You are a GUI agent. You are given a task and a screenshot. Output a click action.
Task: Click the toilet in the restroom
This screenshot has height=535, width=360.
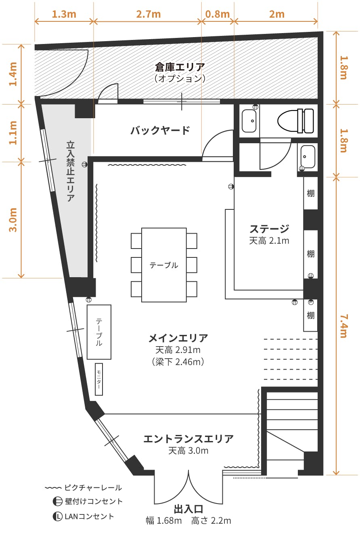pos(296,121)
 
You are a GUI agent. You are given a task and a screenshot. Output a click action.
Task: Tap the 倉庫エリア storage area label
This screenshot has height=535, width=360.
pos(180,67)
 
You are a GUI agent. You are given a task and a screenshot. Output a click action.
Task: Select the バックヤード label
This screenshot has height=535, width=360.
pos(160,130)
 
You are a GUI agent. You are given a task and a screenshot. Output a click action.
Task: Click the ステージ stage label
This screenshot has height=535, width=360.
pos(269,229)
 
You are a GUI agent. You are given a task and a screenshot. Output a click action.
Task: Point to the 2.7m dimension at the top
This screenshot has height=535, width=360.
pos(149,14)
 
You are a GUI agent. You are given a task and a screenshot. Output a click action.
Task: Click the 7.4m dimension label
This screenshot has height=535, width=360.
pos(342,326)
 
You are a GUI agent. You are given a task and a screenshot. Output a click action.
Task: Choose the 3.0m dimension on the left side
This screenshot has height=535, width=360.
pos(13,219)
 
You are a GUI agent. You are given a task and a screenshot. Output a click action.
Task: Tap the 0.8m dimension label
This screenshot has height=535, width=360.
pos(217,14)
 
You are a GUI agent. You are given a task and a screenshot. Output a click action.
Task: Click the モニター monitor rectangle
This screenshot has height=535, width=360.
pos(98,379)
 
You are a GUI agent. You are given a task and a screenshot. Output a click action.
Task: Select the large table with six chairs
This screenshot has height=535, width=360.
pos(164,265)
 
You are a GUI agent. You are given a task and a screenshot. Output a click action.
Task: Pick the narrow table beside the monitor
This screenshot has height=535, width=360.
pos(99,332)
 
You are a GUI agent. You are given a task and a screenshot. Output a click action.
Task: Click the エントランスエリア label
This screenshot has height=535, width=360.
pos(188,439)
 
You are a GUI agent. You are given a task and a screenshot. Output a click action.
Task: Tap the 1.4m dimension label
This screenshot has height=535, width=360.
pos(13,73)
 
